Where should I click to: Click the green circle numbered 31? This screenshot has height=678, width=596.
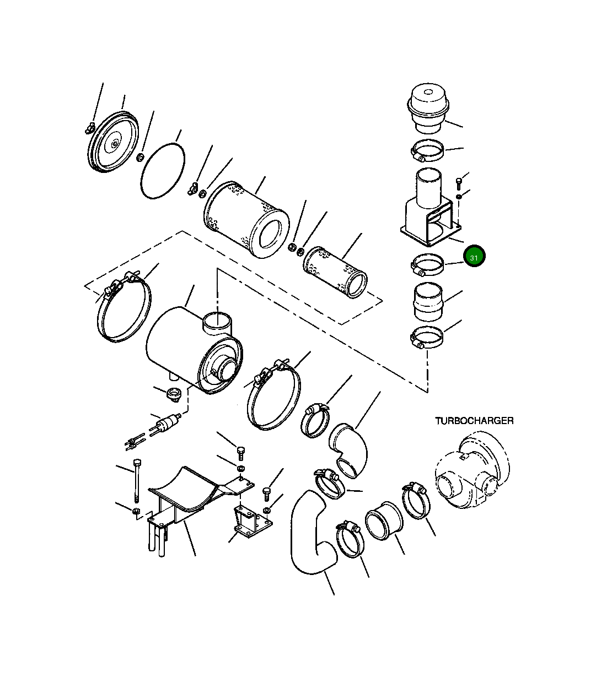[x=474, y=256]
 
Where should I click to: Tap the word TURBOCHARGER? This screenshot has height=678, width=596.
[x=474, y=421]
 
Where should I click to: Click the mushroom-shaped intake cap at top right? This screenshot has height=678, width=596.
[x=428, y=108]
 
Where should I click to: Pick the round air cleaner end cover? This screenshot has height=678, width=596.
[x=113, y=142]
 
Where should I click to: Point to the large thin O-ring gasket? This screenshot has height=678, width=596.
[x=163, y=171]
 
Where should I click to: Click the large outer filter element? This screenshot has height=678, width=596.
[x=246, y=220]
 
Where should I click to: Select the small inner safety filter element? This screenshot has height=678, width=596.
[x=335, y=272]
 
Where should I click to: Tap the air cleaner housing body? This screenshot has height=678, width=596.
[x=194, y=350]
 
